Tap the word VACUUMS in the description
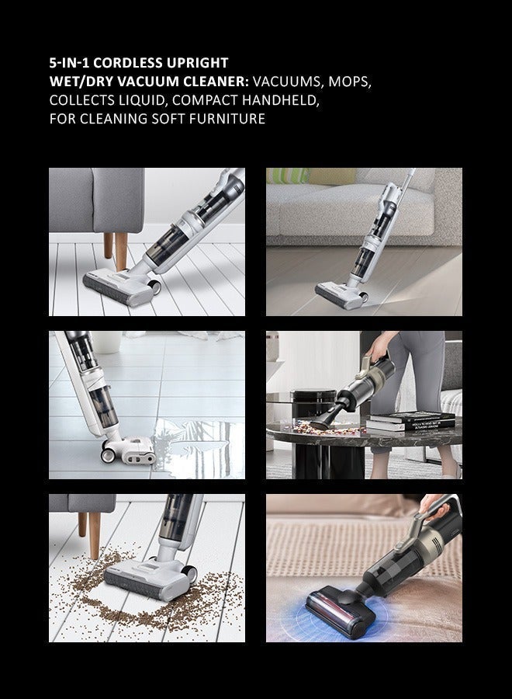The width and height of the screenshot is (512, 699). tap(287, 82)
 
